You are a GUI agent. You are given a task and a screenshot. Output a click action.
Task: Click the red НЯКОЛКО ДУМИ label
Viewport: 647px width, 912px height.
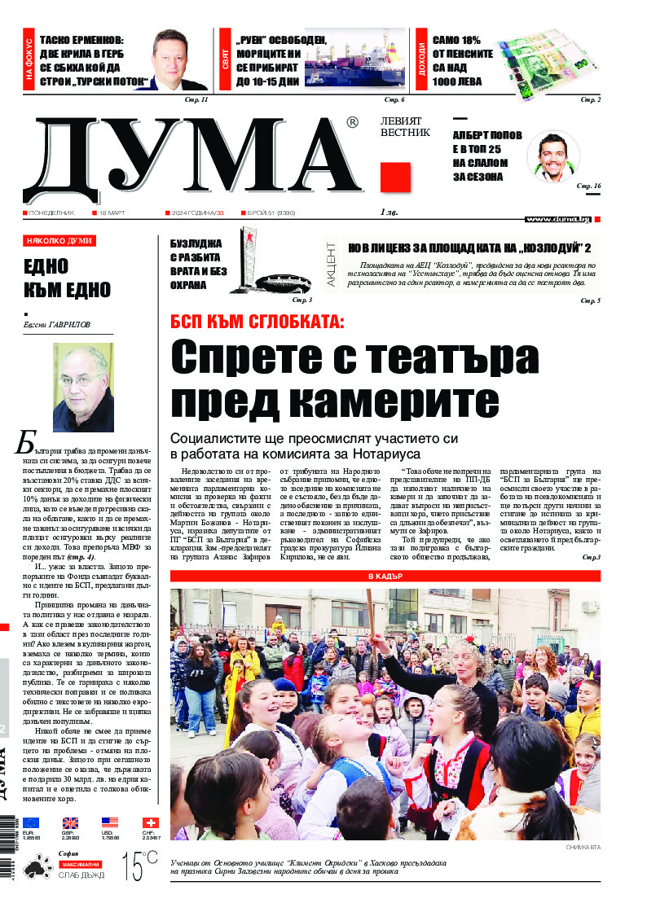[59, 241]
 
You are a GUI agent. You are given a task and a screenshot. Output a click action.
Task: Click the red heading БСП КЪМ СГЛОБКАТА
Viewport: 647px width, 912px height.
[257, 322]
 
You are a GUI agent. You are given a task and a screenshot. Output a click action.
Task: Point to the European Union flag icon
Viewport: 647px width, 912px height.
[31, 822]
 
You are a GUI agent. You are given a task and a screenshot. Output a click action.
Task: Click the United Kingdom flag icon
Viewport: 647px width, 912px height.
[71, 822]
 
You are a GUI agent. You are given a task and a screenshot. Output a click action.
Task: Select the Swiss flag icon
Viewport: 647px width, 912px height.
[150, 822]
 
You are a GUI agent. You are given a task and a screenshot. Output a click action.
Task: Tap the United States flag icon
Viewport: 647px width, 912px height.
[110, 822]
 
